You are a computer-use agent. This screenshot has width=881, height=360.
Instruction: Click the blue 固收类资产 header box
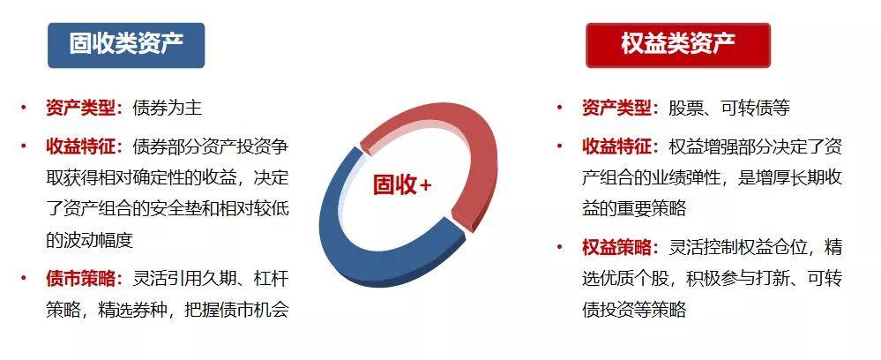pyautogui.click(x=126, y=45)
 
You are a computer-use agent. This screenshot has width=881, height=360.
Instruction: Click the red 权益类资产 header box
pyautogui.click(x=678, y=45)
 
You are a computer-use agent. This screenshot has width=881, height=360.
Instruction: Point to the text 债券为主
pyautogui.click(x=167, y=109)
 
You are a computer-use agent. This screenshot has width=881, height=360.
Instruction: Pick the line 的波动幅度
pyautogui.click(x=89, y=240)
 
